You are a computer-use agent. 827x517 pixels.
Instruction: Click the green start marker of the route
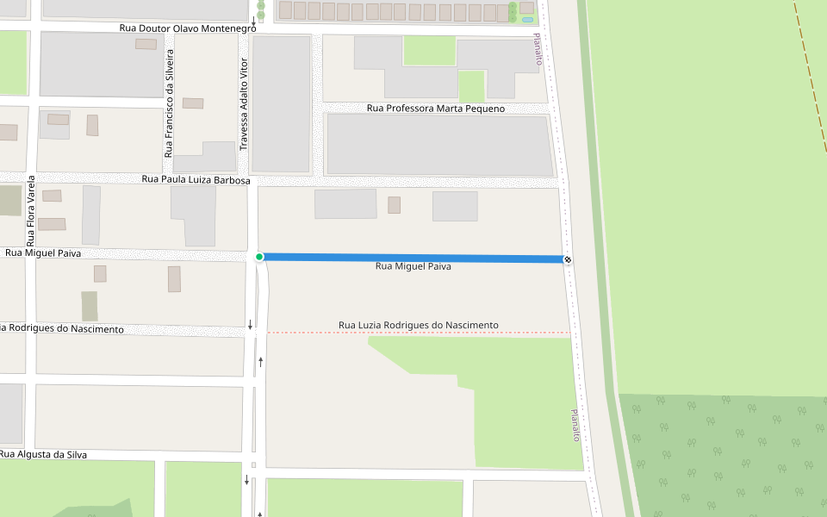click(x=259, y=257)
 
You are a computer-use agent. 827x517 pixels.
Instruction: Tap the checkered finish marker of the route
click(x=568, y=259)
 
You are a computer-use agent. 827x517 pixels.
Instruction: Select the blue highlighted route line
click(x=413, y=258)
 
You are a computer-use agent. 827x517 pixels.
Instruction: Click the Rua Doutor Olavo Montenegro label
click(x=188, y=28)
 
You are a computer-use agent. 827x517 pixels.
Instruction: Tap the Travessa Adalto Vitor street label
click(x=244, y=105)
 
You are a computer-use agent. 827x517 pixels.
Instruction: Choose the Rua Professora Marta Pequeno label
click(x=436, y=109)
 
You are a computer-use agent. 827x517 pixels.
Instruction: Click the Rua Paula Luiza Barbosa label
click(x=196, y=180)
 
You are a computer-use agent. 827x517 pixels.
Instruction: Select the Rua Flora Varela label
click(x=30, y=210)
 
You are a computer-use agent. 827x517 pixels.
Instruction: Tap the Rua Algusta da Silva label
click(x=44, y=454)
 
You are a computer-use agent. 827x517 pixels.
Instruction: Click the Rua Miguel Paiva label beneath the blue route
click(x=413, y=267)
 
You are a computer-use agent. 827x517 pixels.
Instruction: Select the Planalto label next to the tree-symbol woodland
click(x=575, y=426)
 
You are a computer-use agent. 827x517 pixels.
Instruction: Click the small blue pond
click(x=526, y=19)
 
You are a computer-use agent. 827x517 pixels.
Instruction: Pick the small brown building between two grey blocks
click(x=394, y=205)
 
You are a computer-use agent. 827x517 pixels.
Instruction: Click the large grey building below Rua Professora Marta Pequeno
click(x=439, y=145)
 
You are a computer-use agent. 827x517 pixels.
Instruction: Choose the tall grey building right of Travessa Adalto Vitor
click(x=280, y=103)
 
